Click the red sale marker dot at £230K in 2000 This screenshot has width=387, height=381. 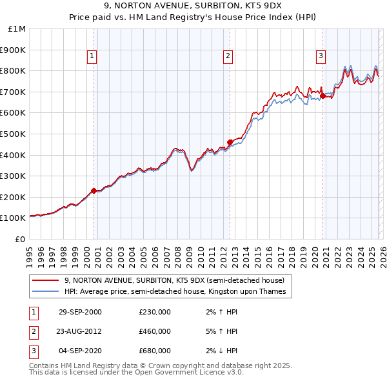pos(94,190)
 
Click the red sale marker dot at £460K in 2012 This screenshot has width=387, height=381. pos(230,142)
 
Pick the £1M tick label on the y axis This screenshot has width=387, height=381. pos(17,28)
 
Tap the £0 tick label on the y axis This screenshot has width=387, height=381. pos(21,239)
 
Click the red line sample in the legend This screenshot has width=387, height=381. pos(45,280)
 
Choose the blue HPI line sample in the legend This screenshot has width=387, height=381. pos(45,292)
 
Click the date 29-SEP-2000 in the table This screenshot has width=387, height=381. pos(80,312)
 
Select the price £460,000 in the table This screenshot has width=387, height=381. pos(155,331)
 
